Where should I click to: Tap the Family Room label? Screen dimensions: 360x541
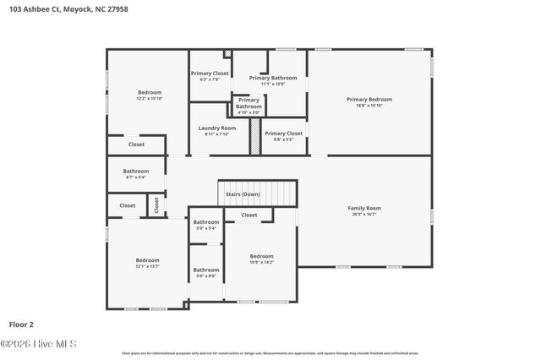(x=364, y=208)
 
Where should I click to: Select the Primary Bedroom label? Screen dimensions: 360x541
(x=369, y=99)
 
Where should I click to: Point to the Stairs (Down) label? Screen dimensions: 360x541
(x=243, y=194)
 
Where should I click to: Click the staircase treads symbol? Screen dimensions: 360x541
(x=258, y=193)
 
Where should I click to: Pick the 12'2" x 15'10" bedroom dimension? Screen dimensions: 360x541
(x=149, y=98)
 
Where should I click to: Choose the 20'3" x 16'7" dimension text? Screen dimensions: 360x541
(x=364, y=214)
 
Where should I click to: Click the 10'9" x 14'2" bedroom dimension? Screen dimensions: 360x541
(x=261, y=262)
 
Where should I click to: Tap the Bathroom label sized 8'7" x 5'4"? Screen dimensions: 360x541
(x=136, y=171)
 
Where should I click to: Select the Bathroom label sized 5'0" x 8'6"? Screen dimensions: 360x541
(x=206, y=270)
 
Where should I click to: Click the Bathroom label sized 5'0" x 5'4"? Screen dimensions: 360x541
(x=205, y=222)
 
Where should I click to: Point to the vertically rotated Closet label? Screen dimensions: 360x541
(x=156, y=205)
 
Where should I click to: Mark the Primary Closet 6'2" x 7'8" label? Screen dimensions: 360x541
(x=210, y=74)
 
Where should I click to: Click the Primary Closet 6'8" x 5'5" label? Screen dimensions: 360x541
(x=283, y=133)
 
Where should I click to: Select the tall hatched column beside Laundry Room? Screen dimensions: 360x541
(x=254, y=136)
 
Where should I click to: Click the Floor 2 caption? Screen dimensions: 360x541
(x=21, y=324)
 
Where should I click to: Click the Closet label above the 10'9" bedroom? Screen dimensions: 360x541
(x=249, y=215)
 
